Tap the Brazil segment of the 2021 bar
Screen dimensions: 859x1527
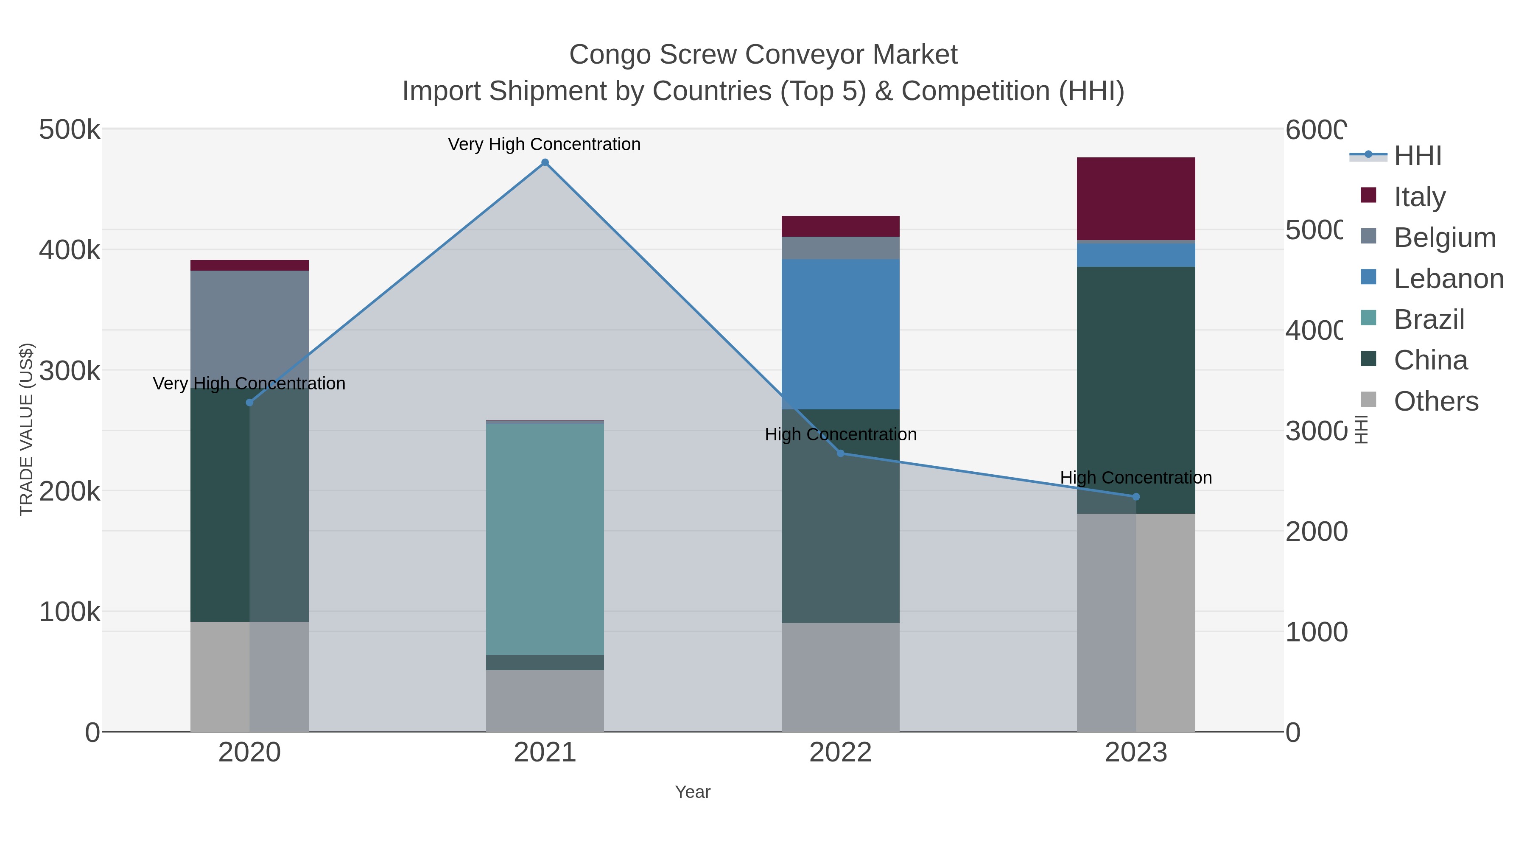[x=544, y=540]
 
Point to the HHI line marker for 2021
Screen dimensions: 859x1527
[x=545, y=162]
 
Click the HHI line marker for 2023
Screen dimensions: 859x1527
[x=1136, y=497]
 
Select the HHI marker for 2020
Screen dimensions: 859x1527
[x=249, y=403]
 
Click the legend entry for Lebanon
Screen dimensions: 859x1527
[x=1448, y=279]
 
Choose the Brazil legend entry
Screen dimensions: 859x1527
[x=1429, y=319]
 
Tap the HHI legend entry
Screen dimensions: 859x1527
[x=1417, y=156]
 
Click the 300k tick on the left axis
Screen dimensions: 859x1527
[x=70, y=371]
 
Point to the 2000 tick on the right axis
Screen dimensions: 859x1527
[x=1316, y=532]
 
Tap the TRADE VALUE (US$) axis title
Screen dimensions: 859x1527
[x=27, y=429]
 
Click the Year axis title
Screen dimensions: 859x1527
[x=692, y=792]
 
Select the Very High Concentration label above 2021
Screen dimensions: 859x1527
[x=544, y=144]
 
